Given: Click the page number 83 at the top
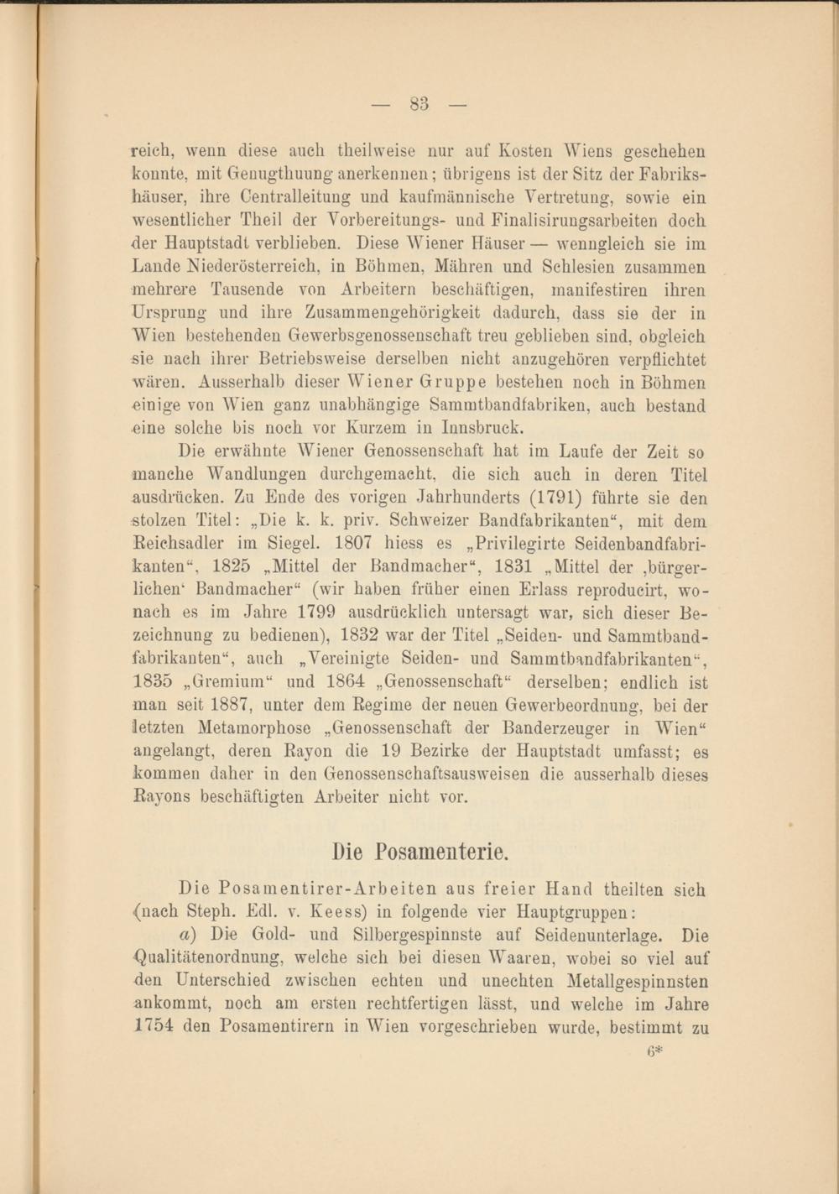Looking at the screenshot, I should [x=419, y=105].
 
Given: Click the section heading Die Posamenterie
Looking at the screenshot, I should [x=419, y=852].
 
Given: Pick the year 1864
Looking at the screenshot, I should [x=345, y=682].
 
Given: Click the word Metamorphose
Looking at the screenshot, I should [x=252, y=728].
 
